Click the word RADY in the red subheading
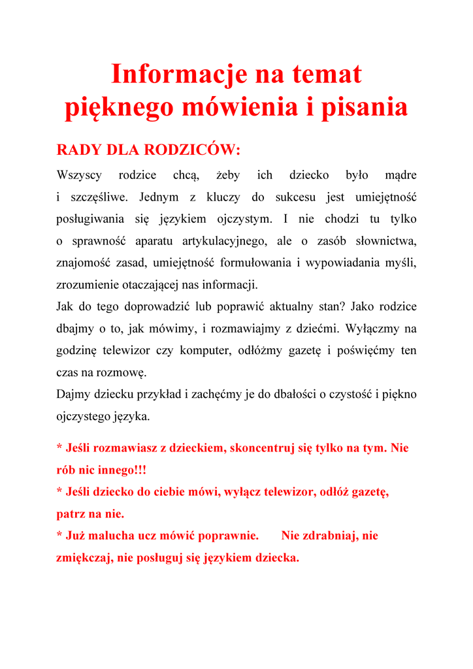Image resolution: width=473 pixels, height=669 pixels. click(79, 150)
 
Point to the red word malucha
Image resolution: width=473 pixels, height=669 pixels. click(111, 536)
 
